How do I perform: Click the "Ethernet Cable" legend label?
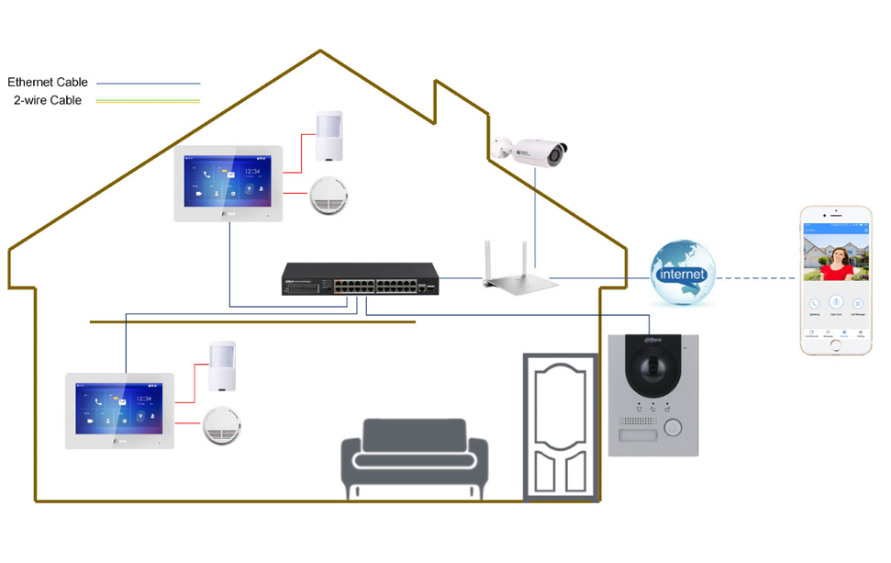(x=48, y=83)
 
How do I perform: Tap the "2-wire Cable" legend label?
(x=48, y=100)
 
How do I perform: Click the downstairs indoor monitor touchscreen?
(x=118, y=410)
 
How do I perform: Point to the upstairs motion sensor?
(x=328, y=135)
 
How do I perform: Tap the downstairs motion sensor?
(x=221, y=366)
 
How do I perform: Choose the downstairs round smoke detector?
(x=220, y=425)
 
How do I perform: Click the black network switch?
(x=362, y=278)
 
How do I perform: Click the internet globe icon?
(x=682, y=273)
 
